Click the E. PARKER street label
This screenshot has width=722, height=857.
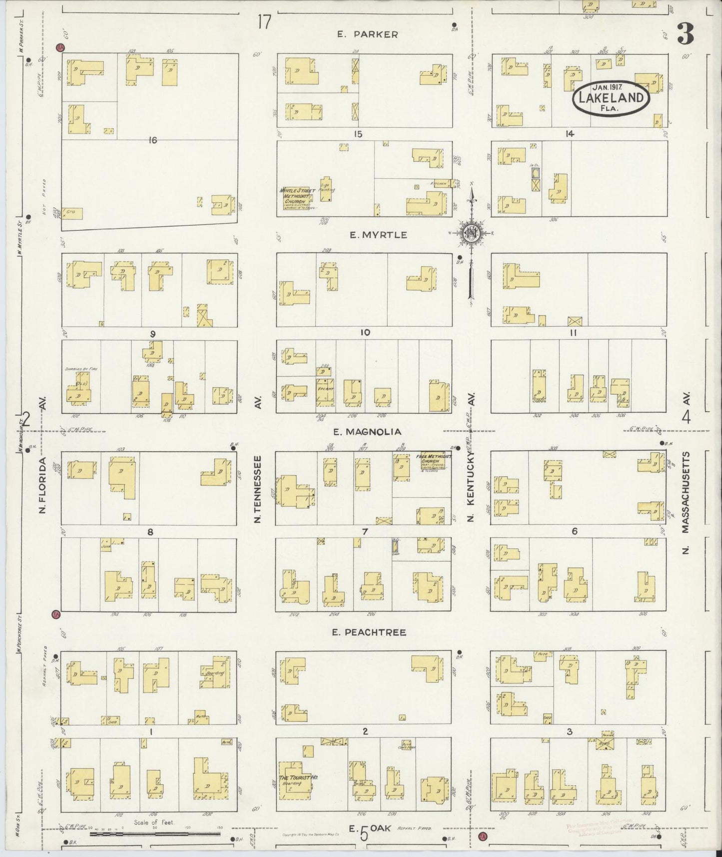point(367,34)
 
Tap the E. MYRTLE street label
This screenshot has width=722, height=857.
point(372,235)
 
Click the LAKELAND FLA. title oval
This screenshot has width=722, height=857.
point(611,97)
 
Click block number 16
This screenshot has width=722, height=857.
point(152,140)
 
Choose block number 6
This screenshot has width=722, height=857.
point(574,531)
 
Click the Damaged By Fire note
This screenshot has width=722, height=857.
point(81,369)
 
